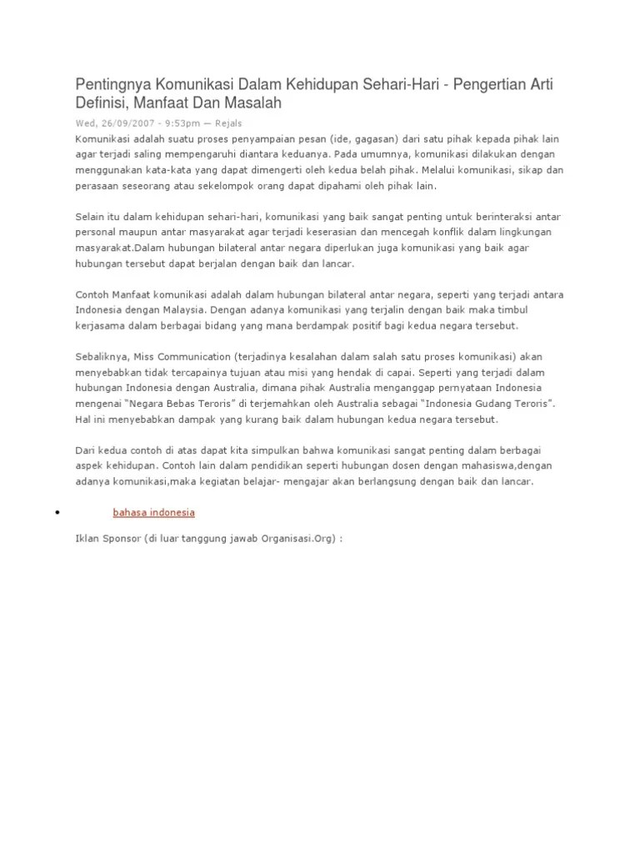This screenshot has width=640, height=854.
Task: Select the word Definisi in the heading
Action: point(100,103)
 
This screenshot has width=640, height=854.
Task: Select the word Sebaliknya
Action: point(102,356)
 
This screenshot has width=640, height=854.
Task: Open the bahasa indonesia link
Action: point(153,511)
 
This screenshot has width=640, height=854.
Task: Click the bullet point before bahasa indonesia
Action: point(56,512)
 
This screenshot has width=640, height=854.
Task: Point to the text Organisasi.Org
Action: point(293,538)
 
